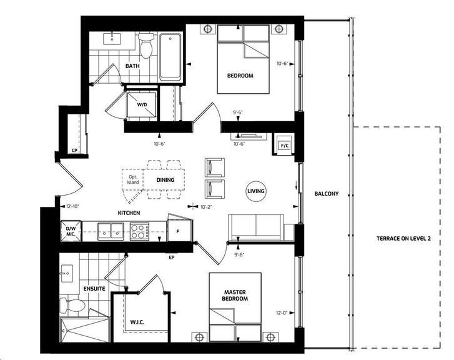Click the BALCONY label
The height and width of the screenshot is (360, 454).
[x=327, y=194]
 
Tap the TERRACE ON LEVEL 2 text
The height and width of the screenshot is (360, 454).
[x=403, y=239]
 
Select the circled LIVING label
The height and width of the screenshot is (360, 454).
[x=255, y=191]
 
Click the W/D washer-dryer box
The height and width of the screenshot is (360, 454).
[x=142, y=104]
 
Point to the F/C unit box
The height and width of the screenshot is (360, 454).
[x=284, y=144]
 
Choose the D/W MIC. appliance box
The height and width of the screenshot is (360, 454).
[x=71, y=231]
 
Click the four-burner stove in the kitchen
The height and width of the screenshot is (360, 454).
[x=139, y=231]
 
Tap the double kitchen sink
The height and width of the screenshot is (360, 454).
[x=111, y=231]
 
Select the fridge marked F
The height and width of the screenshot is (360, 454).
[x=179, y=231]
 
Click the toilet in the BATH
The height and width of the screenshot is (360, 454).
[x=146, y=45]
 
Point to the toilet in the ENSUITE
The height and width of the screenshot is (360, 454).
[x=72, y=306]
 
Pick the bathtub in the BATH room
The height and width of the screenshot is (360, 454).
[x=170, y=57]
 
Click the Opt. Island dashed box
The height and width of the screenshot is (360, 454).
[x=132, y=179]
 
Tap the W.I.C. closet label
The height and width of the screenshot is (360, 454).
[x=137, y=322]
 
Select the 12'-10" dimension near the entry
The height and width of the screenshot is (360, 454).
[x=72, y=206]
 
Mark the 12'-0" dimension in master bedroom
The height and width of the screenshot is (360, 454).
[x=282, y=313]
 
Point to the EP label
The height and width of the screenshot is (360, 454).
[x=171, y=257]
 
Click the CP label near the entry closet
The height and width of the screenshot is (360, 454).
[x=74, y=151]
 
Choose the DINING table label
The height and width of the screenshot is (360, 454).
[x=165, y=180]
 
